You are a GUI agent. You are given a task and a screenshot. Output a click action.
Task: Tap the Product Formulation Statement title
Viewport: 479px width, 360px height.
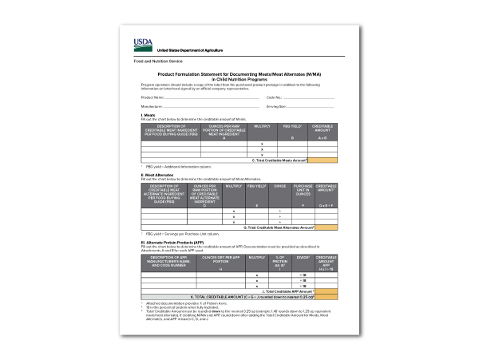pyautogui.click(x=239, y=75)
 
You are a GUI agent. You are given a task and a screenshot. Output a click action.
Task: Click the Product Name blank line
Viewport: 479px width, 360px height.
pyautogui.click(x=208, y=98)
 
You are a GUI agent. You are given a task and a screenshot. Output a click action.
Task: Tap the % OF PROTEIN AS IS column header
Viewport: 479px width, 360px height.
pyautogui.click(x=280, y=262)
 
